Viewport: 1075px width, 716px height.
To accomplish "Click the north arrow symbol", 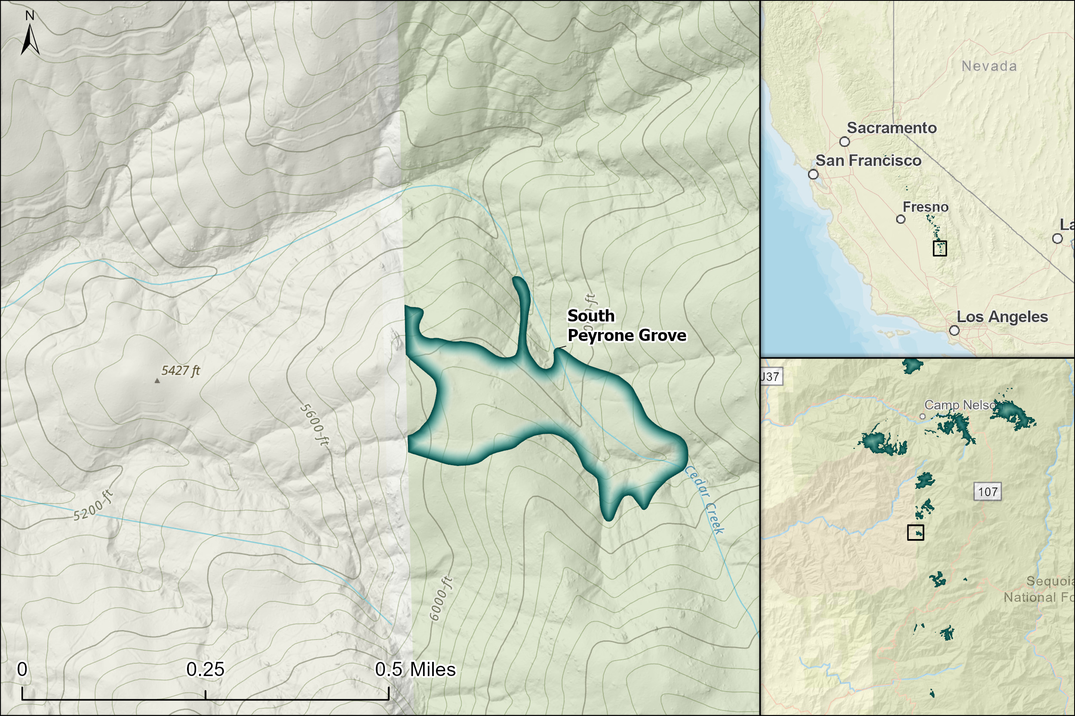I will [30, 39].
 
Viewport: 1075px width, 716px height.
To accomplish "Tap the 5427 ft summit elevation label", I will [181, 370].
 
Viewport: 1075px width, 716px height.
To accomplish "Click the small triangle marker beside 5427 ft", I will [157, 381].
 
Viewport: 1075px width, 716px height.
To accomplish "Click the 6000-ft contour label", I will [441, 599].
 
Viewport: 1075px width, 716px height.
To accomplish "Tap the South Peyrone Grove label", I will [626, 326].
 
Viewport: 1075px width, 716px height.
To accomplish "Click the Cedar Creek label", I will [704, 500].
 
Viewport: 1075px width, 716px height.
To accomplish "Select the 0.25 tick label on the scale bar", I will [205, 670].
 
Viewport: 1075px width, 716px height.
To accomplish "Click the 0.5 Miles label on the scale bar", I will [415, 670].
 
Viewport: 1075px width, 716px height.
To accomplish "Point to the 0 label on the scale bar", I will [22, 670].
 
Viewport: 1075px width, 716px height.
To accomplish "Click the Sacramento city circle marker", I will [845, 142].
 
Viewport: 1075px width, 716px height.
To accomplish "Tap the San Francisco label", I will [869, 161].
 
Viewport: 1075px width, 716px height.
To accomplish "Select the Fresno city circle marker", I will [900, 219].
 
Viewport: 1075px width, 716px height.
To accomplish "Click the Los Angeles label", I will [1002, 317].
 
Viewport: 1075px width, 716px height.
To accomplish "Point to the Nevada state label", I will [989, 66].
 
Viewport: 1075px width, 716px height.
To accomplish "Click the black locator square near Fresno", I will [940, 248].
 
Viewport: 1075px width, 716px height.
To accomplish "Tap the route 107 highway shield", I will [988, 492].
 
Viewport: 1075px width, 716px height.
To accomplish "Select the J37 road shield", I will [771, 377].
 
